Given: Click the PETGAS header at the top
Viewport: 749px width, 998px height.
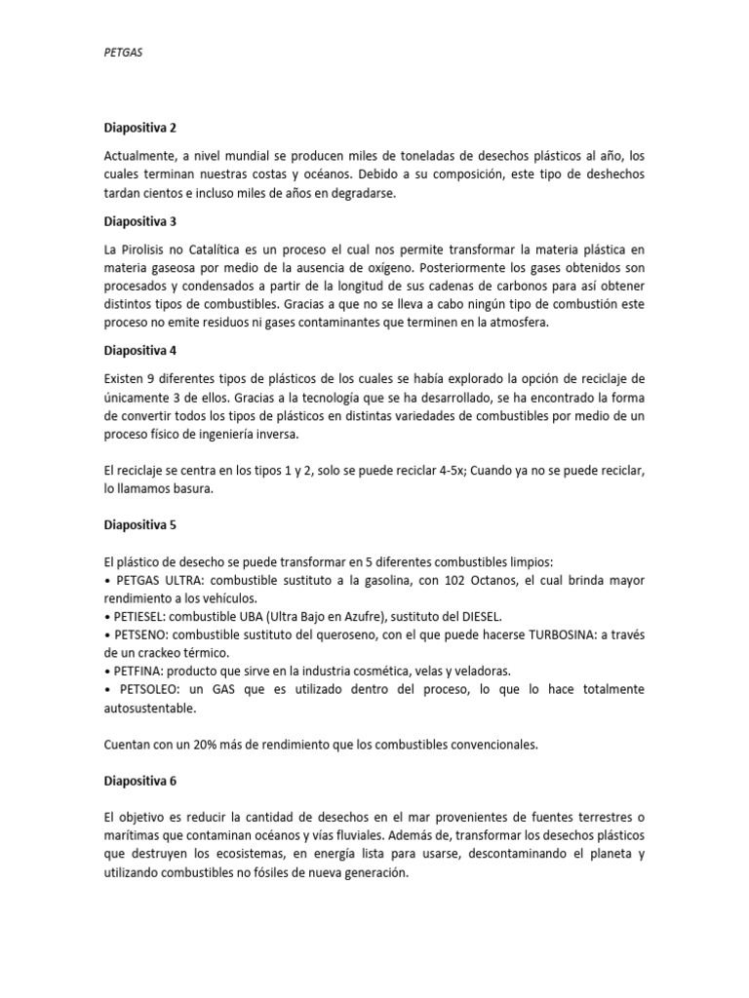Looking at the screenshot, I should point(122,56).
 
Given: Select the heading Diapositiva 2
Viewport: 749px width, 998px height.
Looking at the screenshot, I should point(140,127).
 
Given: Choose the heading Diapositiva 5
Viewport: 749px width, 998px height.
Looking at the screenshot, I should point(140,524).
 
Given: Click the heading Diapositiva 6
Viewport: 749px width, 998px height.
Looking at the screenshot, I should point(140,782).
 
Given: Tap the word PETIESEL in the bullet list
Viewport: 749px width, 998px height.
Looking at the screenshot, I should point(141,616).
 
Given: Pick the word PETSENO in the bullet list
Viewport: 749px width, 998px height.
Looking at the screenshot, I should point(140,634).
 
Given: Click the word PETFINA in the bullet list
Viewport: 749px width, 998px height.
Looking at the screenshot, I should point(139,671).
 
